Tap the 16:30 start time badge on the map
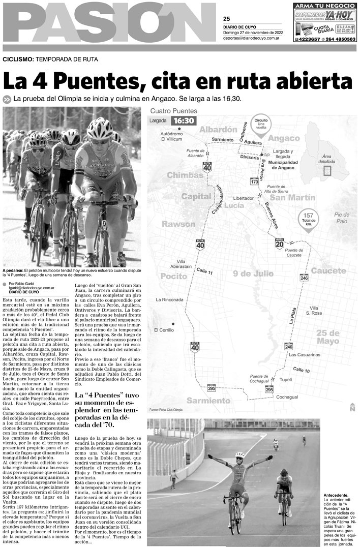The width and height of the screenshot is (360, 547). click(x=183, y=120)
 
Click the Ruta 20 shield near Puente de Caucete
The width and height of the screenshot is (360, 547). click(x=279, y=244)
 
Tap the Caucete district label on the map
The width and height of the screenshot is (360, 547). click(x=328, y=270)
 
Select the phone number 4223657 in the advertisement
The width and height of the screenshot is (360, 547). click(x=307, y=39)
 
